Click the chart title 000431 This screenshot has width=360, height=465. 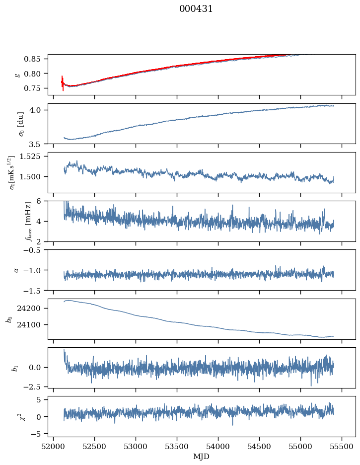[x=196, y=9]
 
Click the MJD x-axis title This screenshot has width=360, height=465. [x=201, y=457]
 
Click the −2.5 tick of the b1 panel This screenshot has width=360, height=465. [x=36, y=386]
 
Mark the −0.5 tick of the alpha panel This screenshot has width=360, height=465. [x=36, y=250]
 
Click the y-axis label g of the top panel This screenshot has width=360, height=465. [x=17, y=75]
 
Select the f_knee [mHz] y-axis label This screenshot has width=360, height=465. [x=13, y=221]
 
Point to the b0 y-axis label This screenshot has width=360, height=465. [x=8, y=319]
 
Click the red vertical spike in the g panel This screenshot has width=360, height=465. [x=63, y=83]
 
